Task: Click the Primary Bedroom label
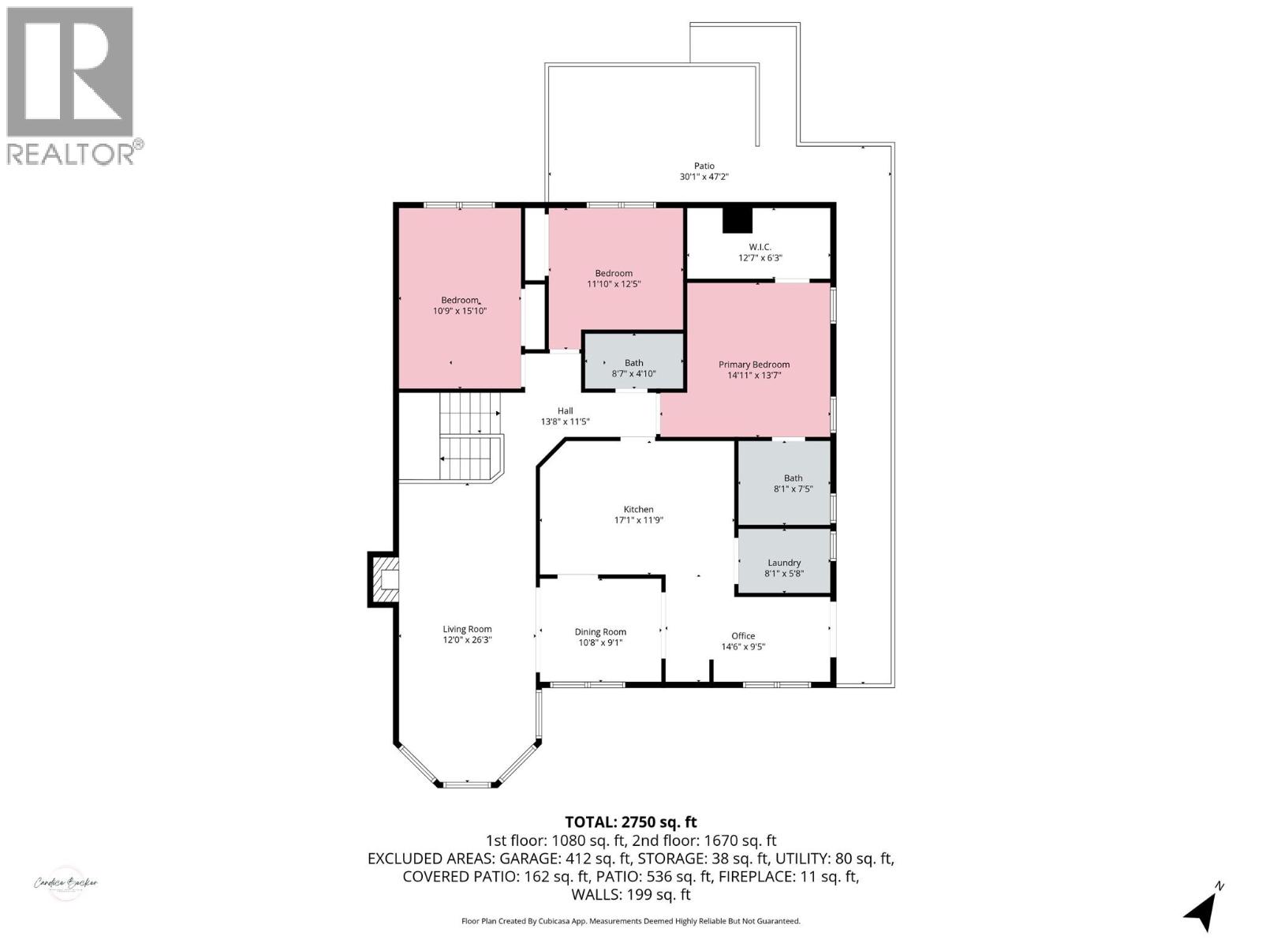[x=753, y=365]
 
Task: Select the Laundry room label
[x=784, y=563]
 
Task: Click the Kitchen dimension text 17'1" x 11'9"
[x=638, y=520]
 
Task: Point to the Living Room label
[x=467, y=629]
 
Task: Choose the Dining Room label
[x=600, y=631]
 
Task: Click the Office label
[x=743, y=635]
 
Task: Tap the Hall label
[x=565, y=410]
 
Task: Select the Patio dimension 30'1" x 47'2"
[x=704, y=177]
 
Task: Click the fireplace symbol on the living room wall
[x=384, y=580]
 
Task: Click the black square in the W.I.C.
[x=738, y=220]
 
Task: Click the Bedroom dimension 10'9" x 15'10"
[x=460, y=311]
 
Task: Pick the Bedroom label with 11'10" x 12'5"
[x=614, y=273]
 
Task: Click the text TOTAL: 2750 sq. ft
[x=630, y=822]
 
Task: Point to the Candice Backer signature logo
[x=65, y=882]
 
